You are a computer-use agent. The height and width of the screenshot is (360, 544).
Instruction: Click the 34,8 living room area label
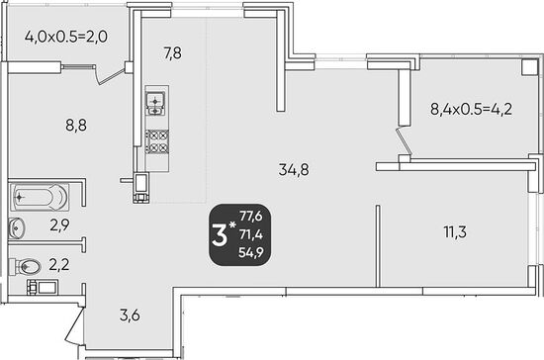click(x=294, y=170)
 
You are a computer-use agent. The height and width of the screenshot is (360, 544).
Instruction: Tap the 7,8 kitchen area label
click(x=172, y=53)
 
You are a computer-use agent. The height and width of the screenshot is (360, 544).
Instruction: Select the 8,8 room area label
click(x=76, y=126)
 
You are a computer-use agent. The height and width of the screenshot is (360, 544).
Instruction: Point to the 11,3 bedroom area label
click(x=455, y=231)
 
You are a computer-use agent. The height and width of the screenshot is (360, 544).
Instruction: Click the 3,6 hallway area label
click(x=130, y=315)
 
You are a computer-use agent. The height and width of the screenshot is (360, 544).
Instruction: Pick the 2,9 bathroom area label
click(x=59, y=225)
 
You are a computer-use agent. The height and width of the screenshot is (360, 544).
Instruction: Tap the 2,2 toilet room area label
click(x=59, y=265)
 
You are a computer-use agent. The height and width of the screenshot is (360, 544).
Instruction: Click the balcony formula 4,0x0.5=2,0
click(x=66, y=37)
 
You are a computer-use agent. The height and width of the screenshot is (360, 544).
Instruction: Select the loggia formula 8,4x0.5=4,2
click(x=471, y=109)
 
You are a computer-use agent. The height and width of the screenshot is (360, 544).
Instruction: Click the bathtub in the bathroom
click(x=40, y=198)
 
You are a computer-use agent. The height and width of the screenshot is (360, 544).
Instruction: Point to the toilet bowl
click(x=25, y=266)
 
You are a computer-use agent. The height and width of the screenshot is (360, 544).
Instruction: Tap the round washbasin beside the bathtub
click(x=16, y=228)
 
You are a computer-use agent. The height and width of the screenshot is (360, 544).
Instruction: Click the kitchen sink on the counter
click(x=155, y=104)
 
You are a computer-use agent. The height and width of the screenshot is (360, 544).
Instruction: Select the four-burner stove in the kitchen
click(x=157, y=141)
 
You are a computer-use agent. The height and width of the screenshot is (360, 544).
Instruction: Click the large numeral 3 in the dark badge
click(x=220, y=235)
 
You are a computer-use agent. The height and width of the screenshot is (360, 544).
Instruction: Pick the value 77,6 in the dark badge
click(x=251, y=217)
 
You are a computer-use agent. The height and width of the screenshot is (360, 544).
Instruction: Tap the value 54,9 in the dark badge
click(x=251, y=252)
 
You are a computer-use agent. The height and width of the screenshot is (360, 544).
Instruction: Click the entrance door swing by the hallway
click(x=74, y=324)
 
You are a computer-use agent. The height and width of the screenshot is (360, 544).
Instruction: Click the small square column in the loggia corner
click(x=530, y=66)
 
